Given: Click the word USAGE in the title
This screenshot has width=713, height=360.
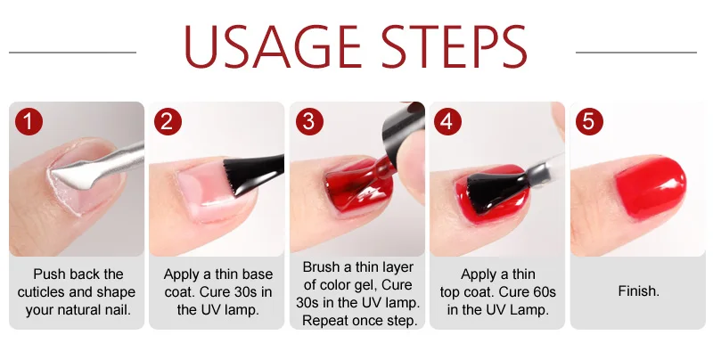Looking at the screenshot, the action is coord(272,46).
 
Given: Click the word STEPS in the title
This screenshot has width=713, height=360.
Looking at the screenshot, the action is coord(454,46).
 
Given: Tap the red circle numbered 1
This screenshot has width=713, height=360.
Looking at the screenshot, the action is coord(29,122).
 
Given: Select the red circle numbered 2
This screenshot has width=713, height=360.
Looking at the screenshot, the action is coord(168,122).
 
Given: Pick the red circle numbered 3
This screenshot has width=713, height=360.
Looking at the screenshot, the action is coord(308,122).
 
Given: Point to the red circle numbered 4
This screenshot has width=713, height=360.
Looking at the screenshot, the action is coord(447,122).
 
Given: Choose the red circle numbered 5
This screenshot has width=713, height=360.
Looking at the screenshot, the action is coord(589,122).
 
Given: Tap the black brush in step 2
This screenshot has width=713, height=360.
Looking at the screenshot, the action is coord(252,172).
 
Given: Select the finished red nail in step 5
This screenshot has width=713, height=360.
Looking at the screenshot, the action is coord(651,187).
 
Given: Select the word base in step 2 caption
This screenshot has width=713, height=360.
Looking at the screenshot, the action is coord(258,274).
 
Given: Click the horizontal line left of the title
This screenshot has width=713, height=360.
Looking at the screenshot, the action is coord(72,53).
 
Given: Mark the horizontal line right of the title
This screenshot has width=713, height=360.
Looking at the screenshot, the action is coord(636,53).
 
